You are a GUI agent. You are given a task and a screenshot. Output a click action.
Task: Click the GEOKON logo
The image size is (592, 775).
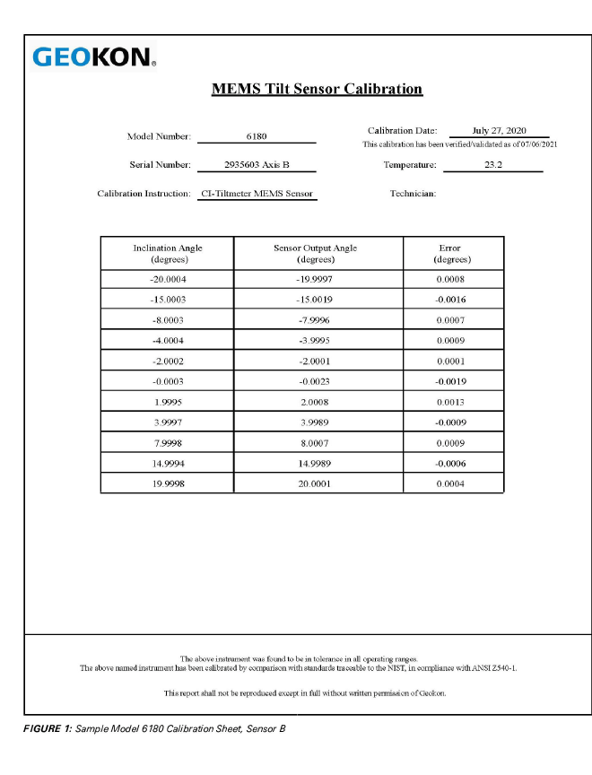pos(94,57)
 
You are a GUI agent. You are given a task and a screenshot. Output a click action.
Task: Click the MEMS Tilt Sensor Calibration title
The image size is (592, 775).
pos(317,89)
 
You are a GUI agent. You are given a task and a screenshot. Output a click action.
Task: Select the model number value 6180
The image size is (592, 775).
pos(256,136)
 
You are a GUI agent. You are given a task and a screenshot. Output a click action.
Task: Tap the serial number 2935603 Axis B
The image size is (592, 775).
pos(257,165)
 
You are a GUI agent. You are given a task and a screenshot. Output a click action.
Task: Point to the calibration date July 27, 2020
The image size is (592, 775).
pos(505,131)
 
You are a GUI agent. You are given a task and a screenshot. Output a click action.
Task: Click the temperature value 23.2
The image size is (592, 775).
pos(493,165)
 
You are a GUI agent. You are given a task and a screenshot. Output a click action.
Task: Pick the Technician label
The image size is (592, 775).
pos(413,194)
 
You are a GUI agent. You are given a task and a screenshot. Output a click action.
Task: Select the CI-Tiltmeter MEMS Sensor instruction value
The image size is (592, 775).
pos(257,194)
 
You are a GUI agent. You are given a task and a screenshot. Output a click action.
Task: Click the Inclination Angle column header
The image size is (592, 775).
pos(168,253)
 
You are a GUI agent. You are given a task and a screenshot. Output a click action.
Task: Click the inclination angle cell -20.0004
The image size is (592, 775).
pos(168,280)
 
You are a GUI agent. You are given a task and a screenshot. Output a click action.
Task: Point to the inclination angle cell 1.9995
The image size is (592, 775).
pos(168,402)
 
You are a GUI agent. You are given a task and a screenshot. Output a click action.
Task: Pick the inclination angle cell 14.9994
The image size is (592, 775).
pos(168,464)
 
